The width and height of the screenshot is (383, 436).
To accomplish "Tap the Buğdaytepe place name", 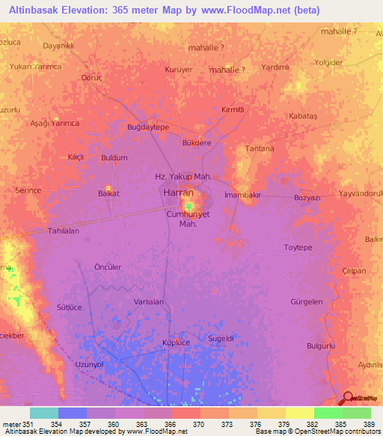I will (x=149, y=127).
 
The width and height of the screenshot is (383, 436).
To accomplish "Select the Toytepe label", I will (x=298, y=247).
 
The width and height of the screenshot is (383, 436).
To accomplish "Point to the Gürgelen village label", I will (x=306, y=301).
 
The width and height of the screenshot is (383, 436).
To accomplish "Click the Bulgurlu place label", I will (x=321, y=345).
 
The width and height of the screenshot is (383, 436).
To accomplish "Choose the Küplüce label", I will (x=177, y=342).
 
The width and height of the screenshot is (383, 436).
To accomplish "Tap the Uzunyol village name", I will (x=89, y=364).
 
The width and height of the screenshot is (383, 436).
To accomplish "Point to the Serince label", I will (x=28, y=190).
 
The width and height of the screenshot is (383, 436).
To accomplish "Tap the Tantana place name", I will (x=260, y=148).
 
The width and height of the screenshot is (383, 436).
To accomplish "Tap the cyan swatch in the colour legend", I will (x=44, y=413).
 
